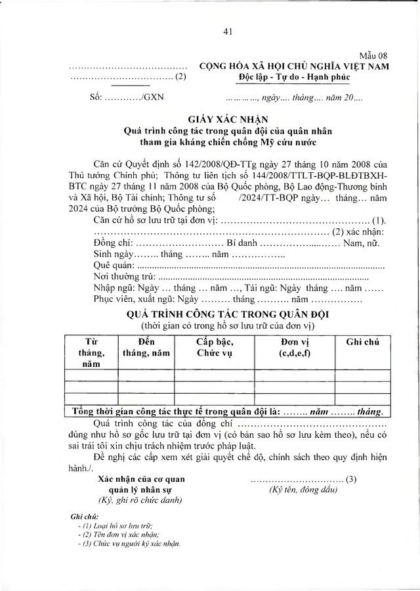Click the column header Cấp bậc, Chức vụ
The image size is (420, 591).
[x=215, y=347]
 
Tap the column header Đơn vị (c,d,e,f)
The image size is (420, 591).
[x=286, y=347]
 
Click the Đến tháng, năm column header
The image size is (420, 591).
[x=146, y=347]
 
